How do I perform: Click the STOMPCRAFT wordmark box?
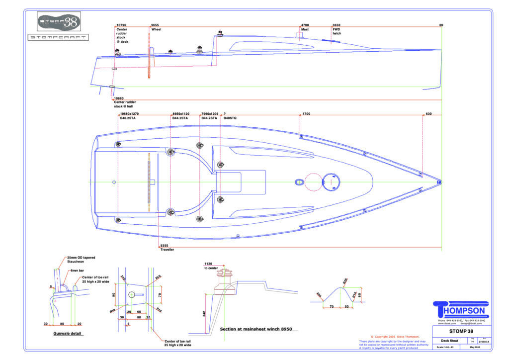[58, 37]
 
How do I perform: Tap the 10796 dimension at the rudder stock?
[121, 25]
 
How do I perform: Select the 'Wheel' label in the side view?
[156, 30]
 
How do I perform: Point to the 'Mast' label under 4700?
[306, 30]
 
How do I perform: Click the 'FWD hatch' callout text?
[337, 32]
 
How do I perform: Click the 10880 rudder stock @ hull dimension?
[119, 98]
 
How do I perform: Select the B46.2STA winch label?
[129, 118]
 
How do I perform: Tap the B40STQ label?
[230, 118]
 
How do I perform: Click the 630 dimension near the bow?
[428, 114]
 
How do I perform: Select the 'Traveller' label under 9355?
[167, 249]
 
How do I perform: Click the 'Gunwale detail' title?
[68, 333]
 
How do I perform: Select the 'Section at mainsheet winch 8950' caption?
[255, 329]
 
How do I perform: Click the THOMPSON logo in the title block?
[462, 310]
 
